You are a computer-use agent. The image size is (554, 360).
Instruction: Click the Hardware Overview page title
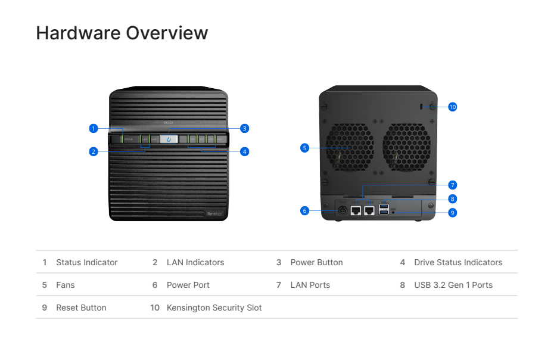(122, 33)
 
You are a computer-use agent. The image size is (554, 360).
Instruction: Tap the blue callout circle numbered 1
(93, 128)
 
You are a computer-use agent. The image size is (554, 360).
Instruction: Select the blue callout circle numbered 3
(244, 128)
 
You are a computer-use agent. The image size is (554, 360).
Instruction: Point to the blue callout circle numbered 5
(304, 148)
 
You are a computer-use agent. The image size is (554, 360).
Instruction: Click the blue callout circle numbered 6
(304, 210)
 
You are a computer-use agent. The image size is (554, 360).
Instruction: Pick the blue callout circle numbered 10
(452, 107)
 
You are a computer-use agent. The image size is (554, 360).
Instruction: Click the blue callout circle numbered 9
(452, 212)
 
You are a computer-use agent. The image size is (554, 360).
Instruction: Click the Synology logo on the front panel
(214, 213)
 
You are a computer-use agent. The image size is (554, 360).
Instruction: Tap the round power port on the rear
(343, 210)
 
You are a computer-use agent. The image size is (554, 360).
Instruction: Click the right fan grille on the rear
(406, 148)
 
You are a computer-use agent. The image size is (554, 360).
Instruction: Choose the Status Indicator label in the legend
(86, 262)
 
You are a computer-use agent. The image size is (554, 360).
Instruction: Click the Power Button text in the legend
(316, 262)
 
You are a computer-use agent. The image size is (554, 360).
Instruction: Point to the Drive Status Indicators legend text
(458, 262)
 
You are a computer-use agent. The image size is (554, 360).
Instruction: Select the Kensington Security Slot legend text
(214, 308)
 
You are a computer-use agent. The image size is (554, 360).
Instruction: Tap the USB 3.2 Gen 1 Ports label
(453, 285)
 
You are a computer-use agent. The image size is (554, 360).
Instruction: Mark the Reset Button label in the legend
(81, 308)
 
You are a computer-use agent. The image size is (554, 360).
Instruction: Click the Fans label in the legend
(66, 285)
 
